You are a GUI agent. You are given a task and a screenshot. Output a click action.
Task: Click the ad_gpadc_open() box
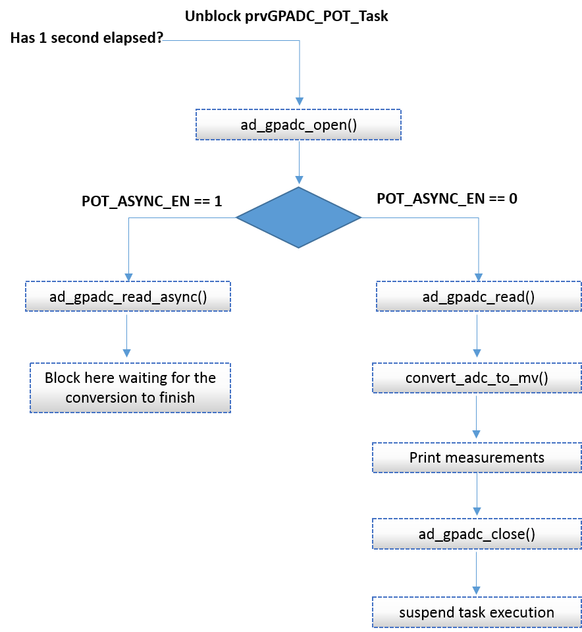click(x=298, y=125)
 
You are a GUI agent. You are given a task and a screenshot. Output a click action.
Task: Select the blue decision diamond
click(x=299, y=217)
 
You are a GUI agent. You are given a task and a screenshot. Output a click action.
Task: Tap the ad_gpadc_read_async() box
click(x=128, y=297)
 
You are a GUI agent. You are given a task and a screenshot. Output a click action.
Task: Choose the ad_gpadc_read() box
click(x=479, y=297)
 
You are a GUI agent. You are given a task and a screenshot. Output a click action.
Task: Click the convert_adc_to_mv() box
click(x=477, y=378)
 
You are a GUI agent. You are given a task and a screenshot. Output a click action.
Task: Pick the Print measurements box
click(x=477, y=457)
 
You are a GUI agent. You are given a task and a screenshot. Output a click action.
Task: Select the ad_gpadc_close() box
click(x=477, y=534)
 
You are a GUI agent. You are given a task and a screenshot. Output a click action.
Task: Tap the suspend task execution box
click(x=477, y=612)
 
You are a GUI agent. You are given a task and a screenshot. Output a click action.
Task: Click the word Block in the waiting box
click(x=62, y=378)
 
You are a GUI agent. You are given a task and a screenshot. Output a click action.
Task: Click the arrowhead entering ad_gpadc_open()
click(x=300, y=101)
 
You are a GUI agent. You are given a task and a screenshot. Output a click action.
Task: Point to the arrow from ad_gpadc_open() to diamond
click(x=300, y=162)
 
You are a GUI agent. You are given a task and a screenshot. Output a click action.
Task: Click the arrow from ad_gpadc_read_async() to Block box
click(x=126, y=335)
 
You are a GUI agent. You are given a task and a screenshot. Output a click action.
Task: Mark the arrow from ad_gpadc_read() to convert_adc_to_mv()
click(x=477, y=335)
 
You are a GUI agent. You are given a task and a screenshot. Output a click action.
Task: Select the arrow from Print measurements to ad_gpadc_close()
click(x=477, y=495)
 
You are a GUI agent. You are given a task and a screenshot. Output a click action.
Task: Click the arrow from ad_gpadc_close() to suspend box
click(x=477, y=573)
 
